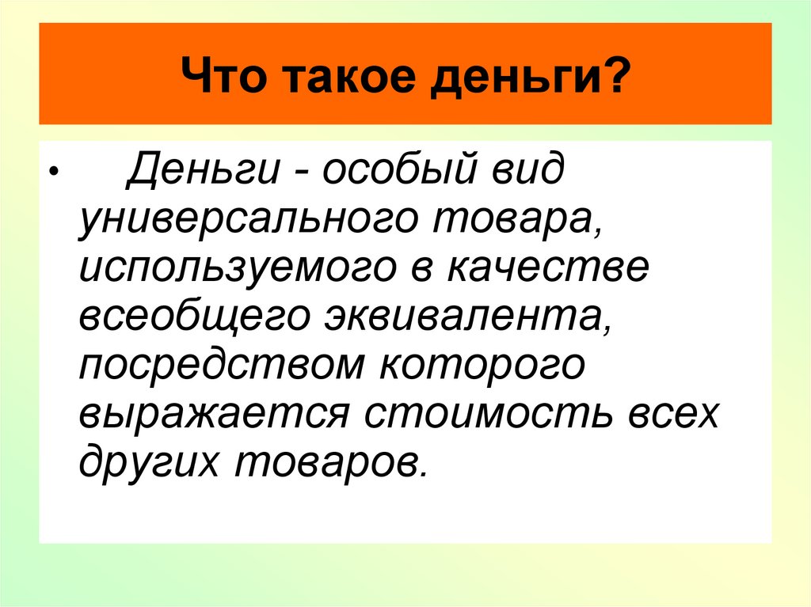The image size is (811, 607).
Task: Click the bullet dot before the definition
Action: (52, 172)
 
